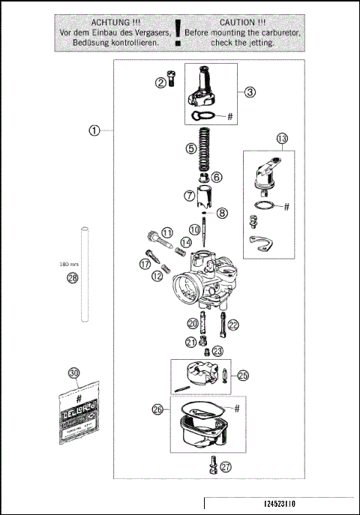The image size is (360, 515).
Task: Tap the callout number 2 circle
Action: [x=160, y=82]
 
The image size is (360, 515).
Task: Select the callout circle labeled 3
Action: [x=250, y=92]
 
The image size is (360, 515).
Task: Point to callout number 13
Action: [x=281, y=139]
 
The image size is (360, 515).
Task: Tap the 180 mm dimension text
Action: [x=69, y=264]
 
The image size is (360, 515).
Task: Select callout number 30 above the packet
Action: [x=73, y=373]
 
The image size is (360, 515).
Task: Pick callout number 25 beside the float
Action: [x=242, y=376]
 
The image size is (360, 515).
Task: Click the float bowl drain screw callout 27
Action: [x=226, y=466]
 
